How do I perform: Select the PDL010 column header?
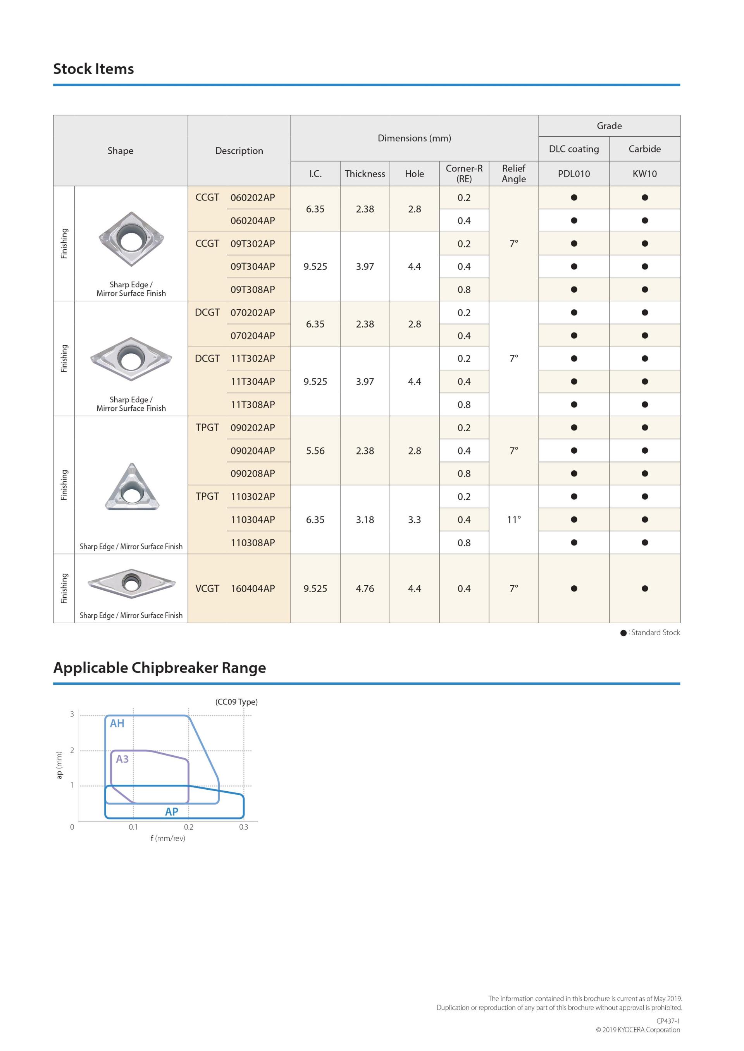573,173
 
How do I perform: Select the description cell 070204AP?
252,336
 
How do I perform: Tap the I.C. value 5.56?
315,451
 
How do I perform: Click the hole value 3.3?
414,519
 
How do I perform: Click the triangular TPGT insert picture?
131,487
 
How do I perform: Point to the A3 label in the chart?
122,759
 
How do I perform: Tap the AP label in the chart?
171,812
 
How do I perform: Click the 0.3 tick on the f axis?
243,827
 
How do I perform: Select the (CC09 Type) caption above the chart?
236,702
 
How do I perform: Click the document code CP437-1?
668,1021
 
